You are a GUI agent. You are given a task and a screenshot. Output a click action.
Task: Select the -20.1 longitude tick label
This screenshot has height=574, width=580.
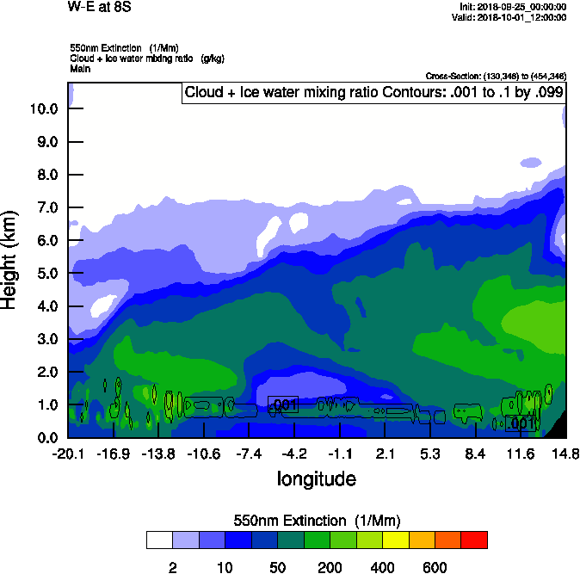click(68, 454)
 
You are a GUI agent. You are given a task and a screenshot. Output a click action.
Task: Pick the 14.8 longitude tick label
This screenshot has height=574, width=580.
click(565, 454)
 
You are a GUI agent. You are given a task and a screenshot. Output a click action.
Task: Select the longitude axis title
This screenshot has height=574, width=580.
click(316, 478)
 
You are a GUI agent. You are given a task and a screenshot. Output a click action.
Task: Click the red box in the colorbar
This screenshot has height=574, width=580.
click(474, 540)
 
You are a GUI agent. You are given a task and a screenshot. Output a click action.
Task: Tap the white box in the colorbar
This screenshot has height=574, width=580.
click(160, 540)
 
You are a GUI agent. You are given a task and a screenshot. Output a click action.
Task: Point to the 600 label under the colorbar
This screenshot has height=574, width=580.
click(435, 567)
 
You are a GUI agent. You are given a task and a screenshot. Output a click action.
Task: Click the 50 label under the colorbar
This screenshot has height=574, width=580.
click(277, 567)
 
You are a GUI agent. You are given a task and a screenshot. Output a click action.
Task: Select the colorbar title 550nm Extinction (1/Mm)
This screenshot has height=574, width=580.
click(317, 521)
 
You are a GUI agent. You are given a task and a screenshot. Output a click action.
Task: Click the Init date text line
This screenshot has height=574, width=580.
click(514, 7)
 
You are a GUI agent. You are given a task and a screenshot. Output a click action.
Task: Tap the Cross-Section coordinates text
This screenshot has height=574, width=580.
click(496, 76)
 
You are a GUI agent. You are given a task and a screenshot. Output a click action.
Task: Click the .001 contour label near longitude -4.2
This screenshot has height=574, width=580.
click(283, 404)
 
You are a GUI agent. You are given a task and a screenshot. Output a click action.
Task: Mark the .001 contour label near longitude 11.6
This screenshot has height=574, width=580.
click(521, 423)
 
